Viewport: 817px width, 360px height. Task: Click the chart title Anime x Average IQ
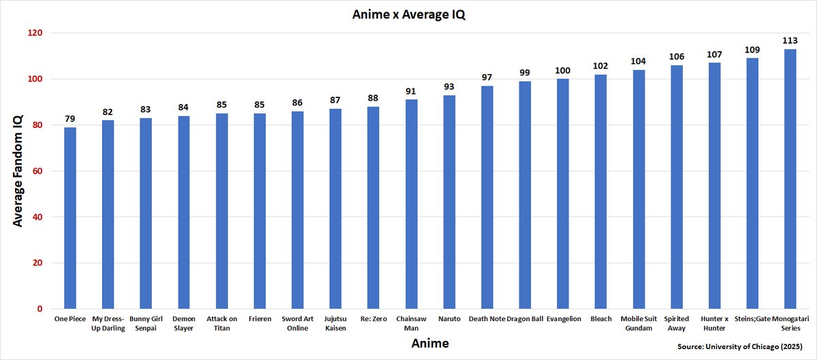click(x=408, y=14)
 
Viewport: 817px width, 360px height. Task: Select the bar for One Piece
click(x=70, y=218)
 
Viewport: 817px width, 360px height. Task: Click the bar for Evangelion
click(x=562, y=194)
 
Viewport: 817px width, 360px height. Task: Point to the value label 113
click(x=790, y=40)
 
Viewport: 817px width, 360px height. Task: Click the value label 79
click(x=70, y=118)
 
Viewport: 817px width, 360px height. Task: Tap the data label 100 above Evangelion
click(x=562, y=70)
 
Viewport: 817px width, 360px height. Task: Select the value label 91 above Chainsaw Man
click(x=411, y=91)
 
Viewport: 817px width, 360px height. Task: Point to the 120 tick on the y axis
click(x=35, y=33)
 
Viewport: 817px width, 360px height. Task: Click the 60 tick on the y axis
click(x=37, y=171)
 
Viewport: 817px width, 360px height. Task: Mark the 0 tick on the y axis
click(x=39, y=309)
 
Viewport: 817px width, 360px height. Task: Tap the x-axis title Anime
click(x=430, y=344)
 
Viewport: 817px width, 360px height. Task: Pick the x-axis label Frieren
click(x=259, y=318)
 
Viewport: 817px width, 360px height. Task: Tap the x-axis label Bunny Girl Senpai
click(x=146, y=323)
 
